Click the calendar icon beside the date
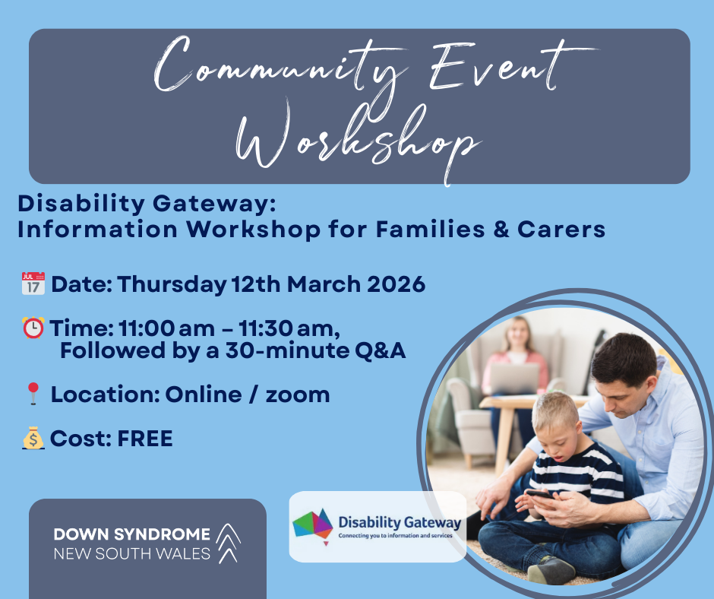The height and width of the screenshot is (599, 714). pos(33,284)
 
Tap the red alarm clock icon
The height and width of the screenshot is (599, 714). pos(33,328)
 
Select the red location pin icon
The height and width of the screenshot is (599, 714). pos(33,394)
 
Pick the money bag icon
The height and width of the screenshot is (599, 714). pos(33,438)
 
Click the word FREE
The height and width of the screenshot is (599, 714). pos(145,439)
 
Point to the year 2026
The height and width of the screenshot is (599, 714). pos(396,284)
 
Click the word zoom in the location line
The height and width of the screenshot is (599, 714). pos(298,395)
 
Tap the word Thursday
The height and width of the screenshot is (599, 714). pos(172,285)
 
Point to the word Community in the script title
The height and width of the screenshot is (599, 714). pos(280,68)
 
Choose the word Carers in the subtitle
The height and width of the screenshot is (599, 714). pos(561,229)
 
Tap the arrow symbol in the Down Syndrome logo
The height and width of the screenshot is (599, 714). pos(228,544)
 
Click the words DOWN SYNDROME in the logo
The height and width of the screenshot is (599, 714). pos(132,534)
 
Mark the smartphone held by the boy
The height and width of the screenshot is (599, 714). pos(539,493)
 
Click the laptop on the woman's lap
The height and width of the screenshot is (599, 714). pos(514,378)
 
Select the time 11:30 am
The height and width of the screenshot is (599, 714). pos(289,328)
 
